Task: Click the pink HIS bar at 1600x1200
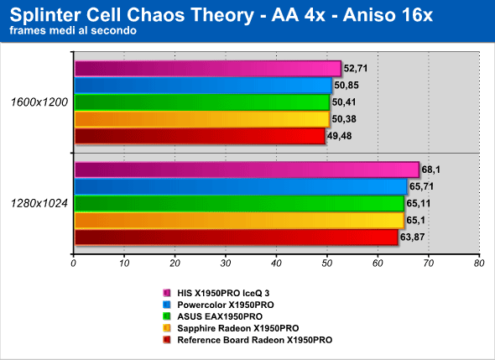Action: click(x=208, y=69)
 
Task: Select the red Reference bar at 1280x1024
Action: click(x=237, y=237)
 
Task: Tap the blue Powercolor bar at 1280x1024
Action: click(x=241, y=186)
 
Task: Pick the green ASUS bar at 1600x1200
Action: click(x=202, y=102)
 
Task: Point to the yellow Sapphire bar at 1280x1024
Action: click(x=240, y=221)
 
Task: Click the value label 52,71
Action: click(x=356, y=68)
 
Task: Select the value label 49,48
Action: click(x=339, y=136)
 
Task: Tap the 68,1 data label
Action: click(x=430, y=170)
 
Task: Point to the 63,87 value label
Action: click(x=412, y=237)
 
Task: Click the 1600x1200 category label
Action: click(x=39, y=102)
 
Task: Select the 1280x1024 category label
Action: click(x=39, y=203)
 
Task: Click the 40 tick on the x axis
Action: click(x=276, y=263)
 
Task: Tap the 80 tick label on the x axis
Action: click(x=479, y=263)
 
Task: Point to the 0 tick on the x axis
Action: click(x=74, y=263)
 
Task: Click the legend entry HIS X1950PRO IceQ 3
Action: click(x=223, y=293)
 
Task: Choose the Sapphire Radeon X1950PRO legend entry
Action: click(x=238, y=328)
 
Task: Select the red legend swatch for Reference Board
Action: click(x=167, y=340)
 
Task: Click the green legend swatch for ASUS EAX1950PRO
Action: click(x=167, y=316)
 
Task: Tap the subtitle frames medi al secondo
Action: click(x=73, y=30)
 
